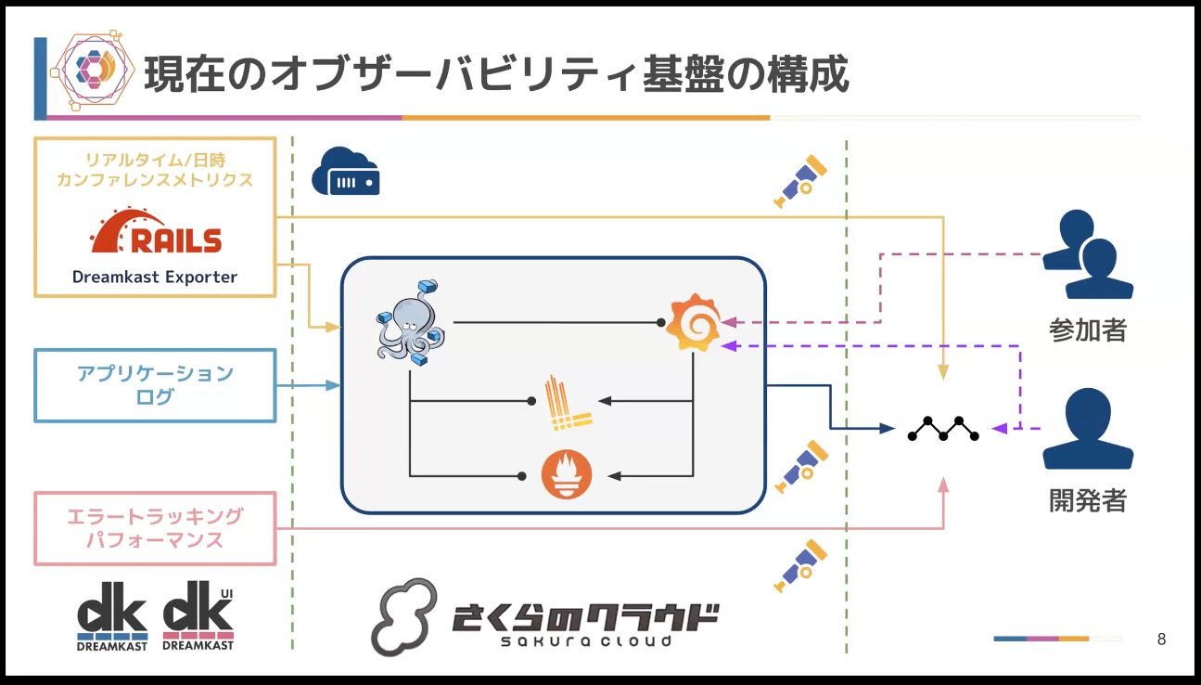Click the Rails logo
coord(155,232)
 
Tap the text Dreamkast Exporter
coord(155,277)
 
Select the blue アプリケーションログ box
coord(155,385)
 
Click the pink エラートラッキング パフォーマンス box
coord(155,528)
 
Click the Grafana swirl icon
coord(692,322)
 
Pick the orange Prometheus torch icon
coord(567,475)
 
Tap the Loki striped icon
coord(567,404)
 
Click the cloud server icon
coord(345,171)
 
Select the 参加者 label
coord(1087,329)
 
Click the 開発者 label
coord(1087,500)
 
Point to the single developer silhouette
coord(1087,429)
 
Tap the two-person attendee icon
coord(1087,254)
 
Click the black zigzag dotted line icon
coord(943,429)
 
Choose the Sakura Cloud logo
coord(546,616)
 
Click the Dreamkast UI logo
coord(198,615)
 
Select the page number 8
coord(1162,640)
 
